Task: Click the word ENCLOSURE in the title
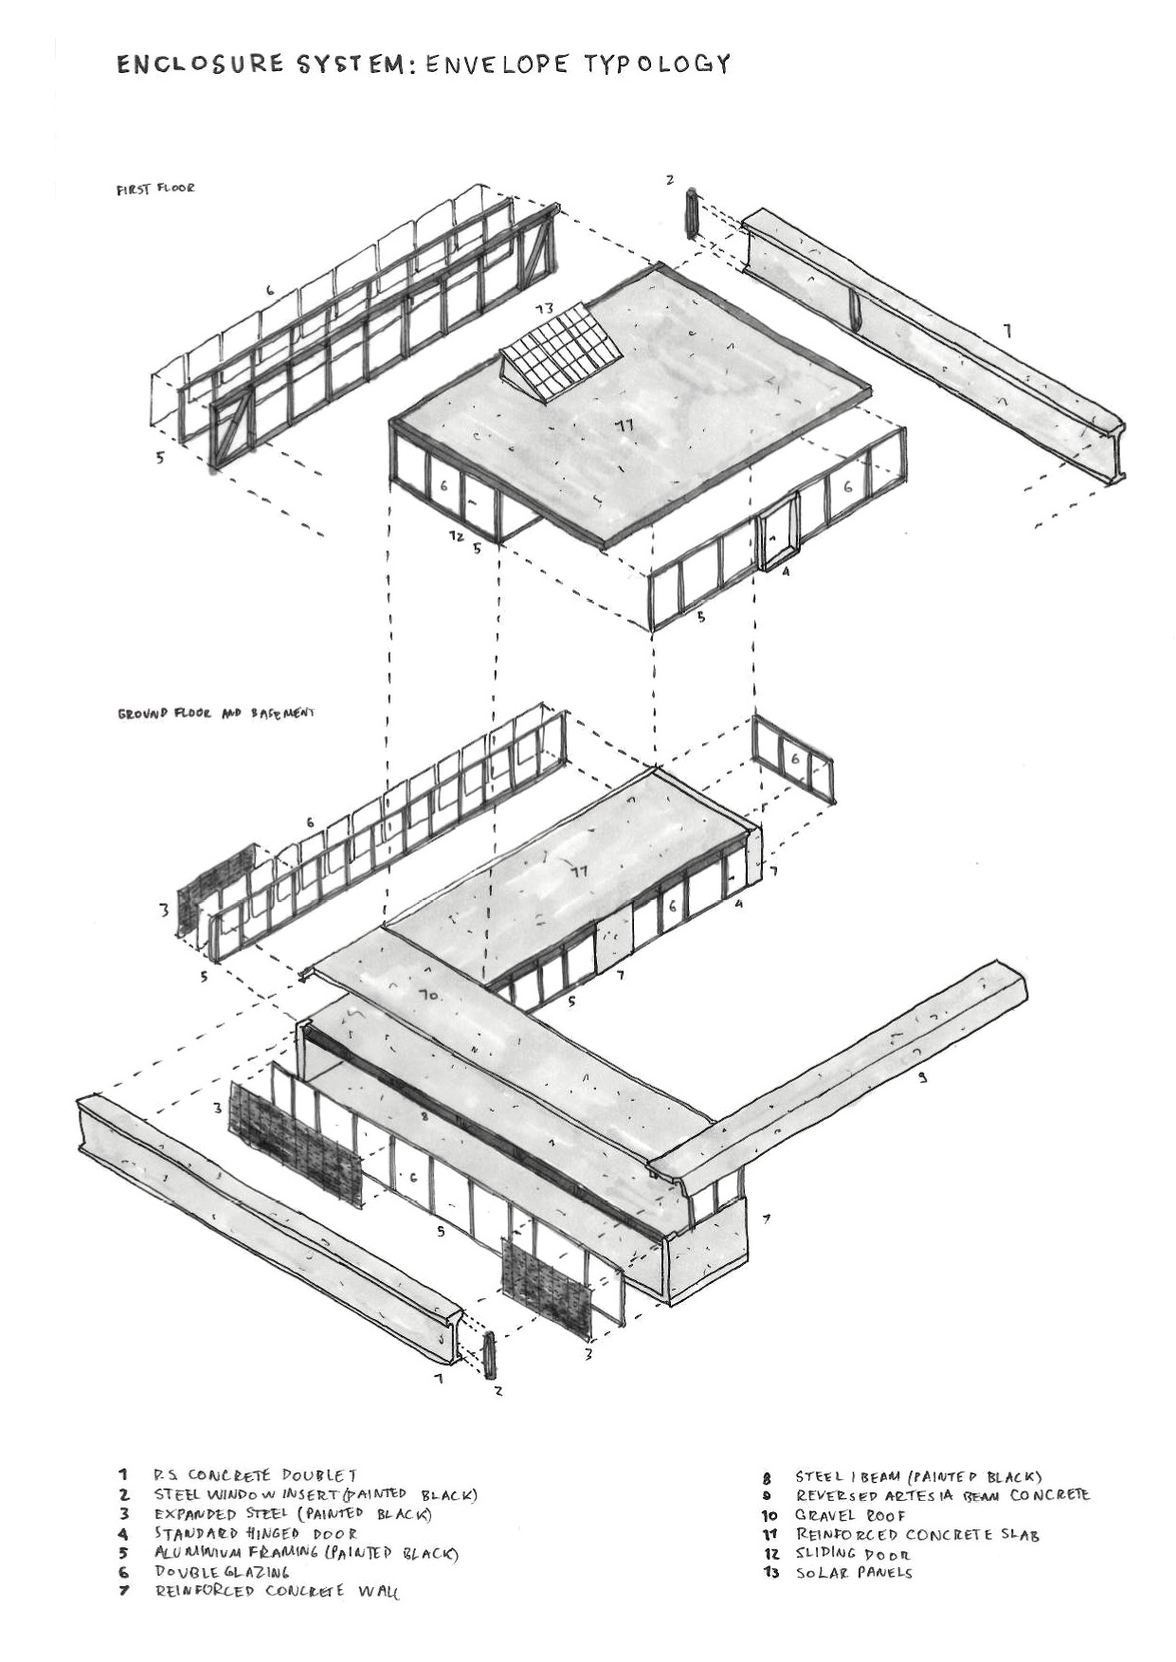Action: [x=199, y=64]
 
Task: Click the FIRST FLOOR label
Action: [x=155, y=189]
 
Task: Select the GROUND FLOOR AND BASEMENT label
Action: [x=215, y=713]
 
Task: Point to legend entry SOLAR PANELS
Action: [x=853, y=1572]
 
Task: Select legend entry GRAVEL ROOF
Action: [x=850, y=1515]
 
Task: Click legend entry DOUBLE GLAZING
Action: [x=222, y=1571]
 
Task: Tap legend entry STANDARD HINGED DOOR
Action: [x=256, y=1533]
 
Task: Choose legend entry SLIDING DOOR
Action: [x=852, y=1553]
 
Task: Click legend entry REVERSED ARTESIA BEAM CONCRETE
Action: [x=942, y=1495]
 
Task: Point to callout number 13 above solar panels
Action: [x=544, y=309]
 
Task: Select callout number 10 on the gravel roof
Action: [x=427, y=996]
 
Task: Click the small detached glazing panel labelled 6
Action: [x=794, y=760]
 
